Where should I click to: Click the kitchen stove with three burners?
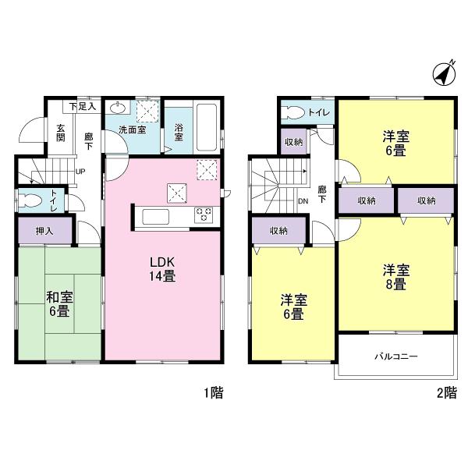pos(204,214)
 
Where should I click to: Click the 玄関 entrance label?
pos(60,133)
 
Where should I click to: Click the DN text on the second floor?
pos(303,201)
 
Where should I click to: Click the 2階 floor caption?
pos(445,393)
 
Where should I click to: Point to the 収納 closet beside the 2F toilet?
pos(293,142)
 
